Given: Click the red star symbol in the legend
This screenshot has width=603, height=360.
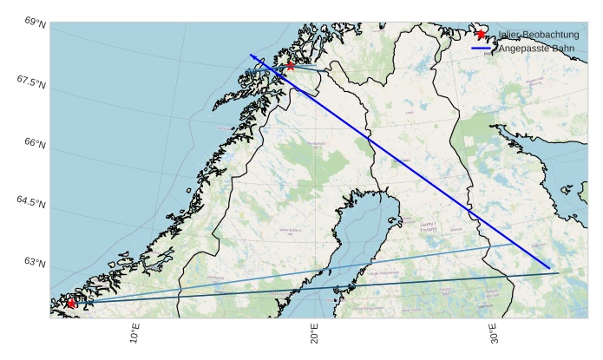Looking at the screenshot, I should pyautogui.click(x=481, y=35).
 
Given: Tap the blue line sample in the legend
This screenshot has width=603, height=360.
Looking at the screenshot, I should pyautogui.click(x=482, y=49).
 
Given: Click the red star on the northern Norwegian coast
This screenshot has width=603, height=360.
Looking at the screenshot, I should pyautogui.click(x=290, y=65).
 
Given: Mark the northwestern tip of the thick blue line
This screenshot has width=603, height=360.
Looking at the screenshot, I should pyautogui.click(x=251, y=55).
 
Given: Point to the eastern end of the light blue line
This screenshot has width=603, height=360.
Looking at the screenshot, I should pyautogui.click(x=513, y=245).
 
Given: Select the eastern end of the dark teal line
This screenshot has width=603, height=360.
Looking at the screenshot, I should pyautogui.click(x=559, y=273).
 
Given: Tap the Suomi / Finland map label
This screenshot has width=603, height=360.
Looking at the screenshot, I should pyautogui.click(x=428, y=226).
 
